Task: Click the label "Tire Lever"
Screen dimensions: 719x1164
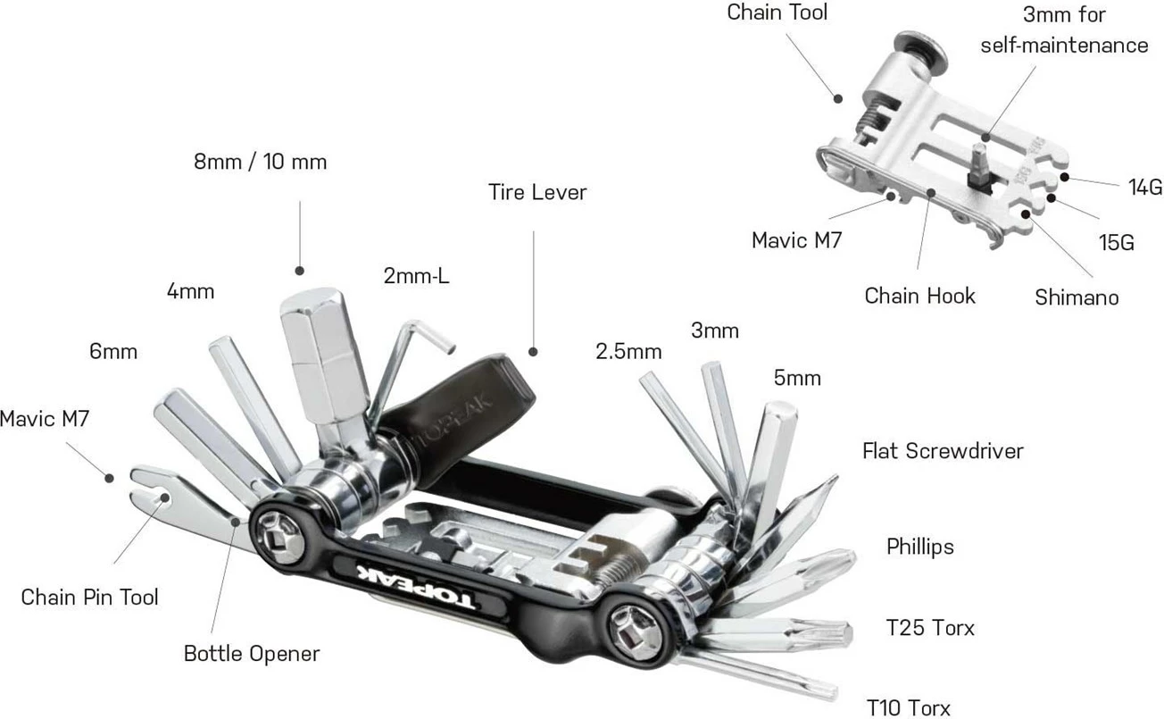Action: click(537, 192)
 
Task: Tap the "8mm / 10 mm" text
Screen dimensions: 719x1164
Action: click(260, 162)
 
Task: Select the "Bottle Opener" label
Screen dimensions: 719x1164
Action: click(251, 654)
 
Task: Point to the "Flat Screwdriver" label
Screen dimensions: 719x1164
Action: click(942, 450)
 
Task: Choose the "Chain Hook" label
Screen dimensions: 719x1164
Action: click(919, 296)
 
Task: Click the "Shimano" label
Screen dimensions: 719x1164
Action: click(1077, 297)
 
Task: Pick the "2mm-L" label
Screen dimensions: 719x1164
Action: click(416, 276)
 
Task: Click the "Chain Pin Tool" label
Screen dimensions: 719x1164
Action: click(89, 597)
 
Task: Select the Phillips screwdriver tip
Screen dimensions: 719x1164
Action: click(835, 562)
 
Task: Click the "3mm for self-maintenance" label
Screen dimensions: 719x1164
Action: click(1064, 29)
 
